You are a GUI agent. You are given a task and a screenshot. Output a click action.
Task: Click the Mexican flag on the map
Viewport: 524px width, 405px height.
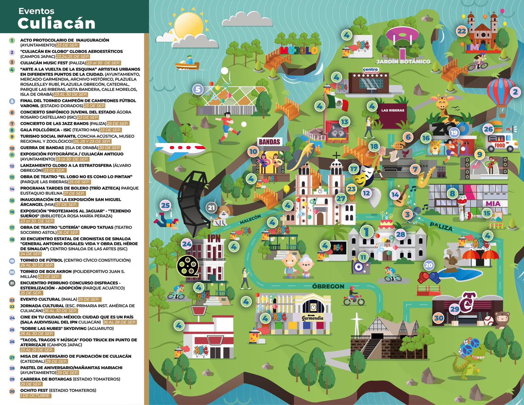[337, 103]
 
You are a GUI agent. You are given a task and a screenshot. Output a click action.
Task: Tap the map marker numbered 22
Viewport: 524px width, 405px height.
[462, 31]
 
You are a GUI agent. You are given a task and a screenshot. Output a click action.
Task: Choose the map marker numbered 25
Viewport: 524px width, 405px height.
[165, 205]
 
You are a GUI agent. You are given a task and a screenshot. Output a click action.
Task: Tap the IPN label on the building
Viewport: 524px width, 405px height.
[214, 238]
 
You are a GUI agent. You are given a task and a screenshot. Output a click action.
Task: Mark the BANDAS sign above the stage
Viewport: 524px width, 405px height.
[268, 142]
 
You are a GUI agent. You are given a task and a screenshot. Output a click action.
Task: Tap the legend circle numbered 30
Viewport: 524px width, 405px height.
[12, 391]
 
